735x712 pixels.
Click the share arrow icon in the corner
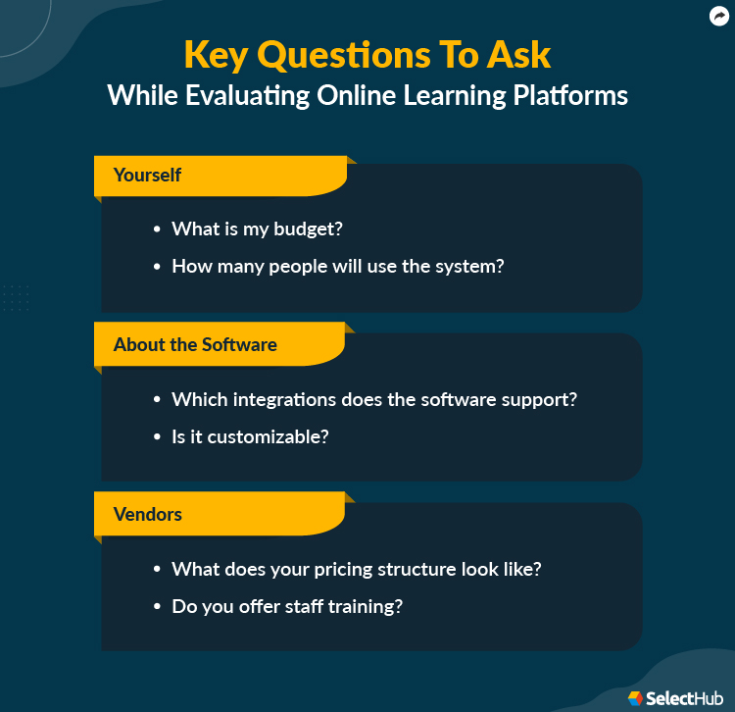click(719, 15)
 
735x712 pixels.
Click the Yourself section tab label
click(147, 176)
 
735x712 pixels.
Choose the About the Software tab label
click(195, 345)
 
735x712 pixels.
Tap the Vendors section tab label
click(148, 514)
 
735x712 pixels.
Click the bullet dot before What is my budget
click(157, 229)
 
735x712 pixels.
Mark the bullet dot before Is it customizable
click(157, 436)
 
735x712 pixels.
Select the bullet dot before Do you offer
click(157, 606)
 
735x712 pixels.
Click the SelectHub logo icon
click(636, 698)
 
